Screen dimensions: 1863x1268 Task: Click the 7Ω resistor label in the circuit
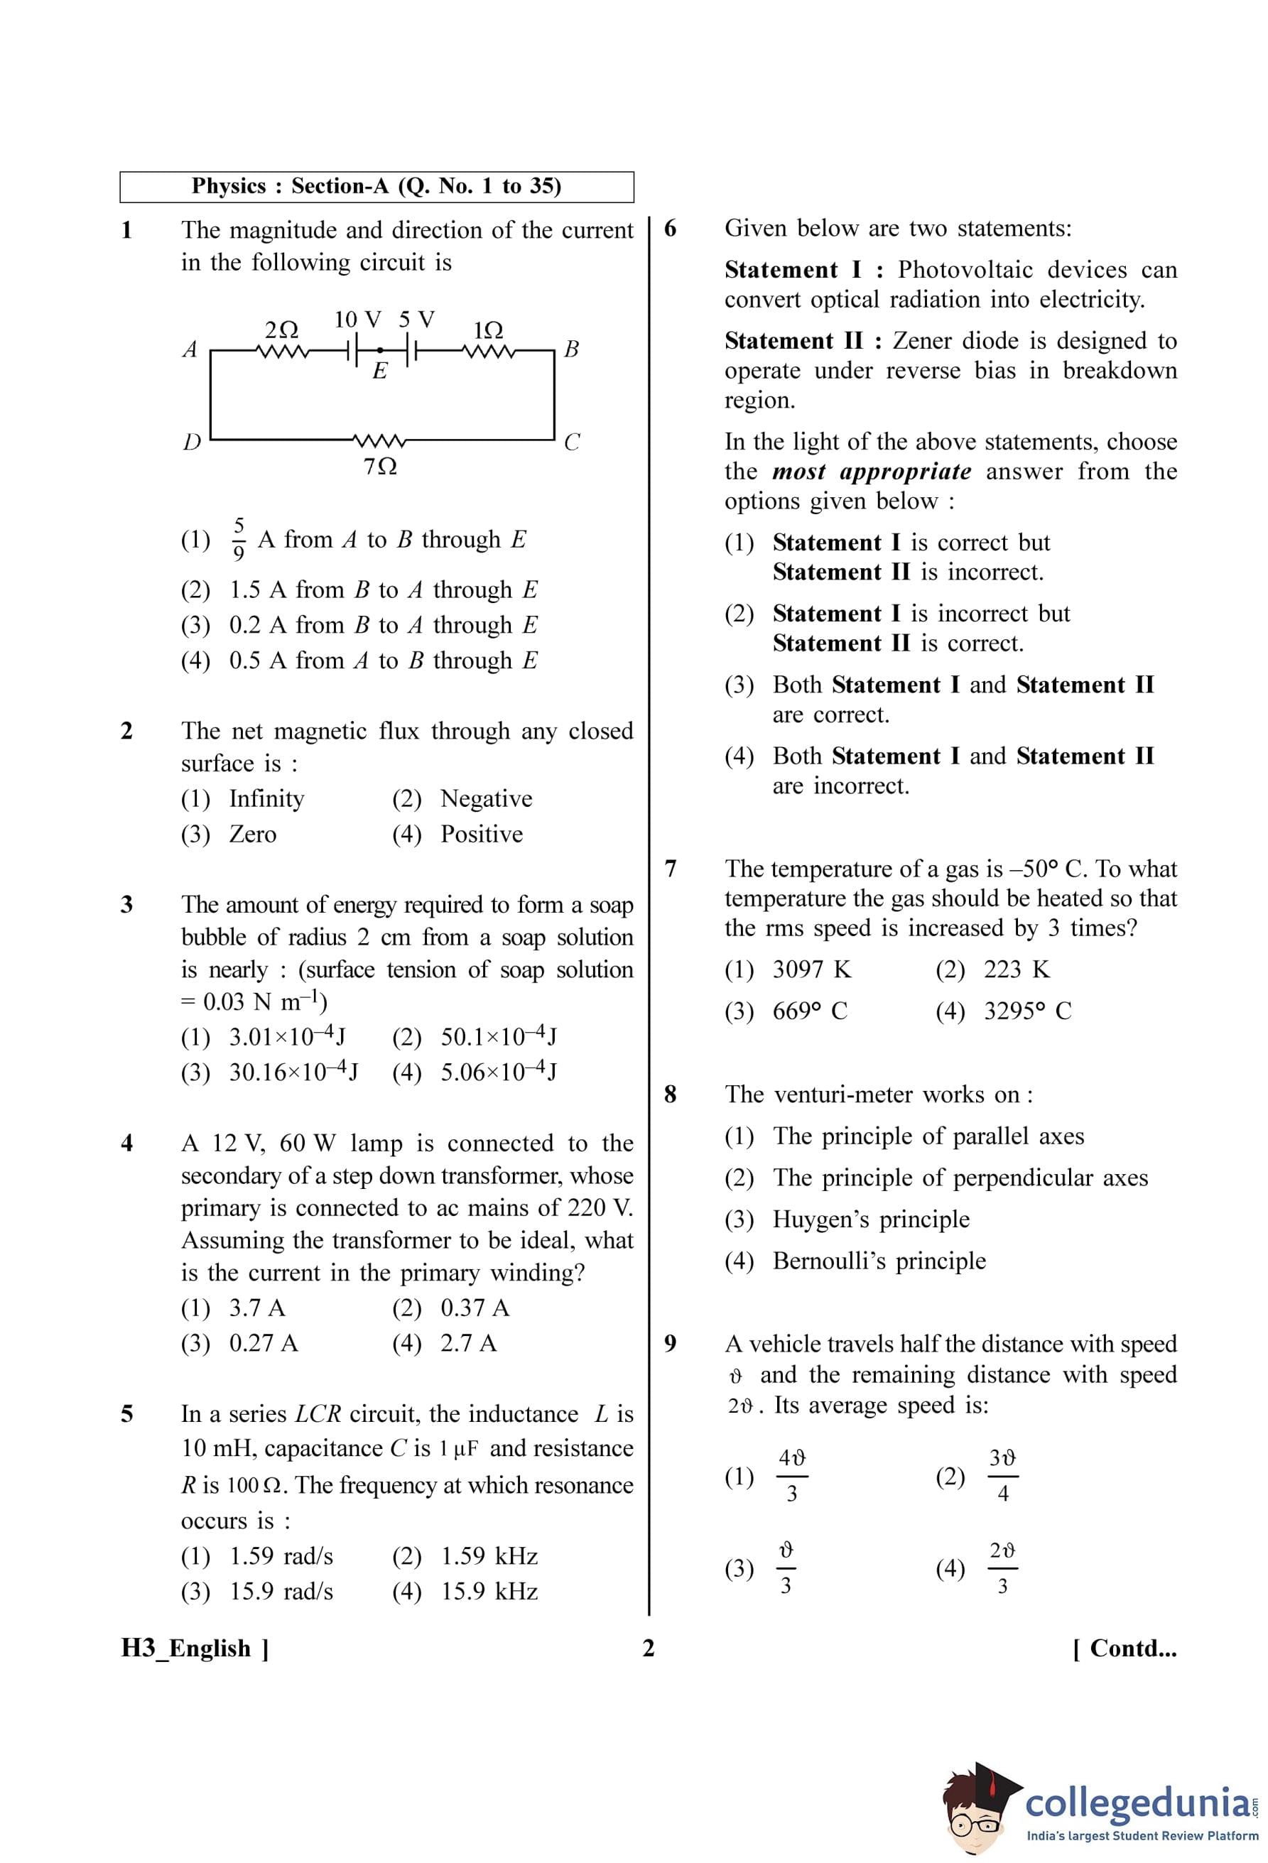pos(380,467)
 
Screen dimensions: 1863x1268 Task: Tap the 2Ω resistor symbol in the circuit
pos(281,350)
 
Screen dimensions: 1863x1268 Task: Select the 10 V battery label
pos(357,320)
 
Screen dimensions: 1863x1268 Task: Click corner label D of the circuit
pos(192,442)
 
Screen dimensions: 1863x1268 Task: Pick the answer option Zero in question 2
pos(252,835)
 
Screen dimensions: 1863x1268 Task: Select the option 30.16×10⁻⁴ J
pos(293,1072)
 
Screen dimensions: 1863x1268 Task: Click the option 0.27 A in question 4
pos(263,1343)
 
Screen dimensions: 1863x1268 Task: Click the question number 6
pos(670,229)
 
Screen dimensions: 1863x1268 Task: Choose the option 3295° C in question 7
pos(1028,1011)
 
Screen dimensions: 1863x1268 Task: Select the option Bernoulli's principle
pos(879,1261)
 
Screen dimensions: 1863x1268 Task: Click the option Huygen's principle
pos(870,1220)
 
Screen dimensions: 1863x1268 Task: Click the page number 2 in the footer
pos(649,1649)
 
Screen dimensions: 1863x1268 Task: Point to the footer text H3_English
pos(186,1649)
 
